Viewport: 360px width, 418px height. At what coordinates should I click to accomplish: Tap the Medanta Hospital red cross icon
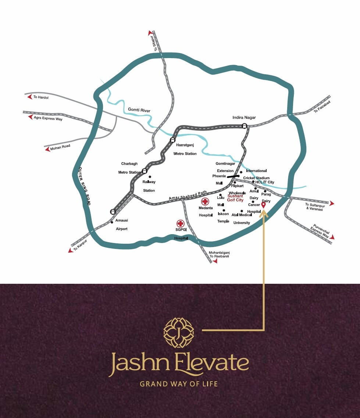click(x=205, y=201)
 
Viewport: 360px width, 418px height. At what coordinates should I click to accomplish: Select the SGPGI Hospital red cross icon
click(x=180, y=223)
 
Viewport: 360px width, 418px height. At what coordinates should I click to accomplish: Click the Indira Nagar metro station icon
click(x=245, y=126)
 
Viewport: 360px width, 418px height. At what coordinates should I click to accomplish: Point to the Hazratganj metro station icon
click(x=172, y=140)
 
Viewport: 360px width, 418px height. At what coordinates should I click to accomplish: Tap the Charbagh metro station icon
click(x=145, y=171)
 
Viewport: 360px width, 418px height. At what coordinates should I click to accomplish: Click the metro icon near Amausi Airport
click(x=113, y=211)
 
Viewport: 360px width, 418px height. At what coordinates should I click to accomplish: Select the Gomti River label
click(x=139, y=110)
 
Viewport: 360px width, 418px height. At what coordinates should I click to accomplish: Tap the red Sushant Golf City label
click(x=235, y=198)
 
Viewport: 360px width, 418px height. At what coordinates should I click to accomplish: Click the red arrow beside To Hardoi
click(x=29, y=97)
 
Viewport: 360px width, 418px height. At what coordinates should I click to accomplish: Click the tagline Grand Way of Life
click(x=179, y=384)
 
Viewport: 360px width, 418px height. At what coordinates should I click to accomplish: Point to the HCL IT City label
click(x=265, y=182)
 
